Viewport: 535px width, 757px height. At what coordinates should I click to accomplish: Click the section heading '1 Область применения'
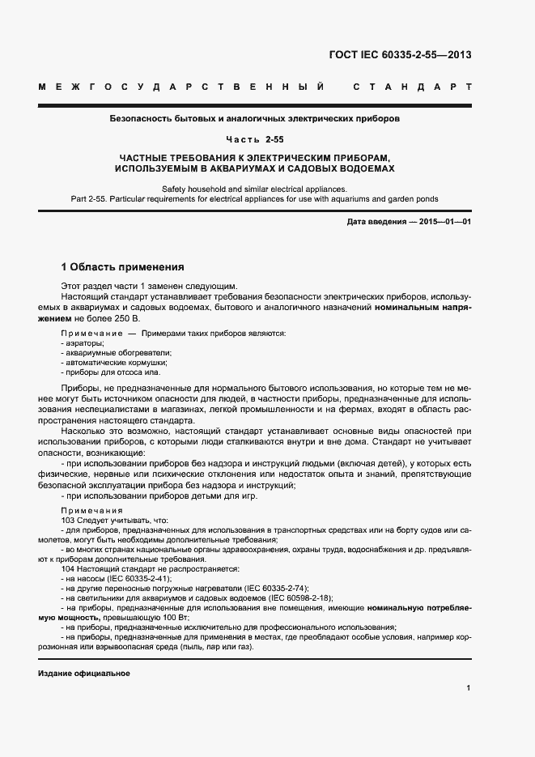123,266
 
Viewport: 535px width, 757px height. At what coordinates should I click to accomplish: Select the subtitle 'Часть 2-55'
266,139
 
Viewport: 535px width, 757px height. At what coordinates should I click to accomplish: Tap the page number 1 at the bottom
469,688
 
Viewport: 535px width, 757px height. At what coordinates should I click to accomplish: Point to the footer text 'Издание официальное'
83,674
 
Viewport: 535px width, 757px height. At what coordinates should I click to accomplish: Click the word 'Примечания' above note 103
91,511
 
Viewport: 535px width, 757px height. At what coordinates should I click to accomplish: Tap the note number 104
68,568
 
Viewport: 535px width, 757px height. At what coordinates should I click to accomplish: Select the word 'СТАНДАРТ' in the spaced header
412,86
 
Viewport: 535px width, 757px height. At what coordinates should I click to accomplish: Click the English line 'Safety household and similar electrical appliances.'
266,188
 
